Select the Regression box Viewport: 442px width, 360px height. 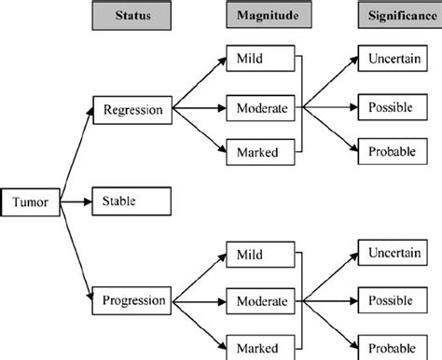pos(131,110)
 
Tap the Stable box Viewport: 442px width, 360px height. pos(131,200)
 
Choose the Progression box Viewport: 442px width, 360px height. pos(131,300)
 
